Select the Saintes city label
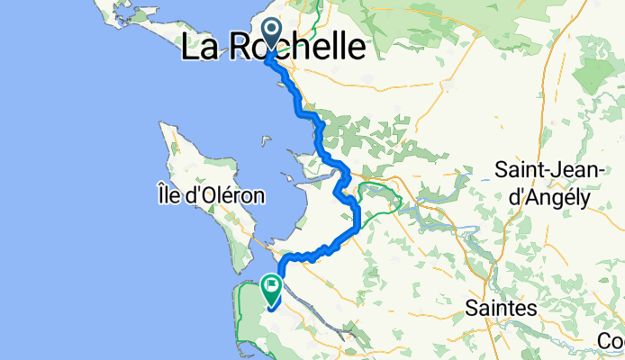pyautogui.click(x=501, y=308)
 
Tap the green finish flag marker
pyautogui.click(x=271, y=287)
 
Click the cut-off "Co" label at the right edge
pyautogui.click(x=613, y=342)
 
